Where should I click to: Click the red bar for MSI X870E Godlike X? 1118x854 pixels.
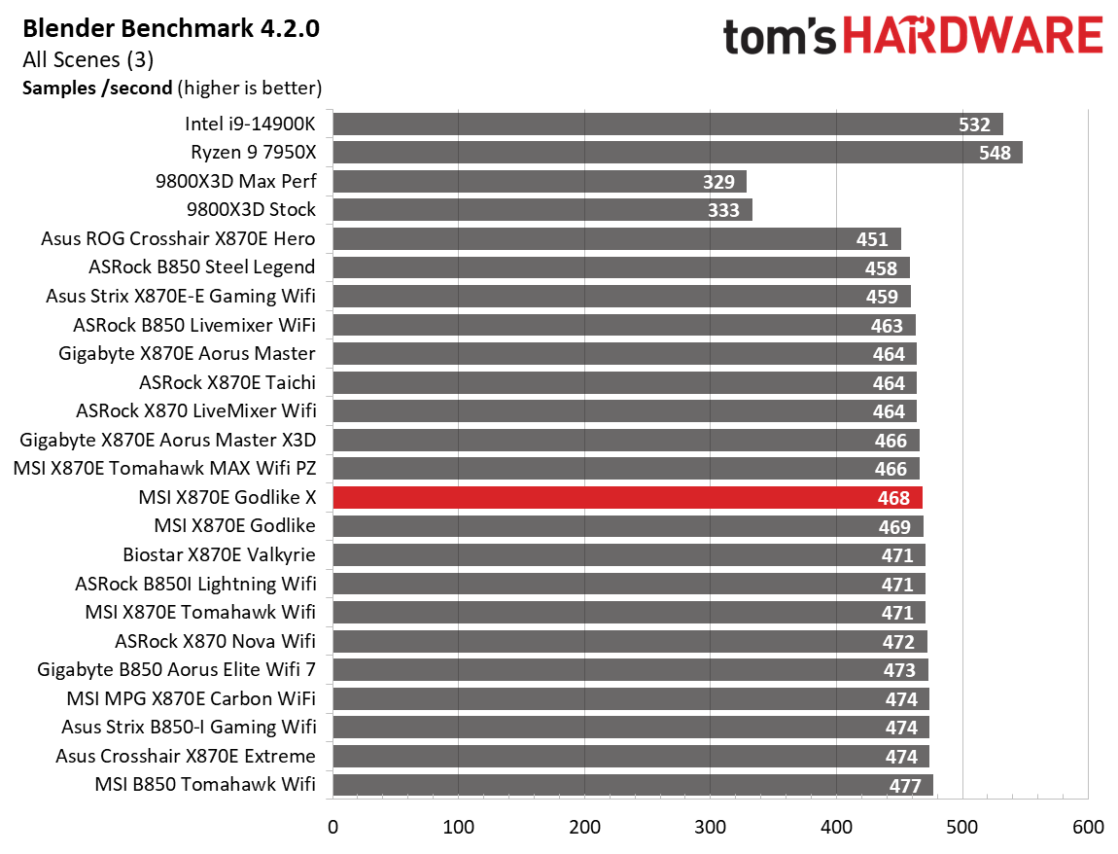pyautogui.click(x=627, y=498)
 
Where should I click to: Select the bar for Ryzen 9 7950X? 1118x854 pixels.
pyautogui.click(x=677, y=153)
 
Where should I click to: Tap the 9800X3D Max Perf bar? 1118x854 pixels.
pyautogui.click(x=540, y=182)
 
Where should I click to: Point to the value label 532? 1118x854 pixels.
pyautogui.click(x=973, y=125)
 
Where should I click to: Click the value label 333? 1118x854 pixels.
pyautogui.click(x=723, y=210)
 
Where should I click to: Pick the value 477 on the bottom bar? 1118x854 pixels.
pyautogui.click(x=904, y=786)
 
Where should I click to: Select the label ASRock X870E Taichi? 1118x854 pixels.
pyautogui.click(x=227, y=383)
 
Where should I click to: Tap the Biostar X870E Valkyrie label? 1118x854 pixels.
pyautogui.click(x=219, y=555)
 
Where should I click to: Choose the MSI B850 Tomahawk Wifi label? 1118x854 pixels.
pyautogui.click(x=205, y=785)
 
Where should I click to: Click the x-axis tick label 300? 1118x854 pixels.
pyautogui.click(x=711, y=828)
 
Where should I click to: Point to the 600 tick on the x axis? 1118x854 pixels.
pyautogui.click(x=1088, y=828)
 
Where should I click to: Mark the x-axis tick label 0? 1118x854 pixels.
pyautogui.click(x=333, y=828)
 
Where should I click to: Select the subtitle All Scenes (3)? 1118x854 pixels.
pyautogui.click(x=88, y=59)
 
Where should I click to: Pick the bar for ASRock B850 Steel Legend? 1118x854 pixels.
pyautogui.click(x=621, y=267)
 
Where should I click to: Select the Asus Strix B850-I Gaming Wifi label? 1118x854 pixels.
pyautogui.click(x=189, y=728)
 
